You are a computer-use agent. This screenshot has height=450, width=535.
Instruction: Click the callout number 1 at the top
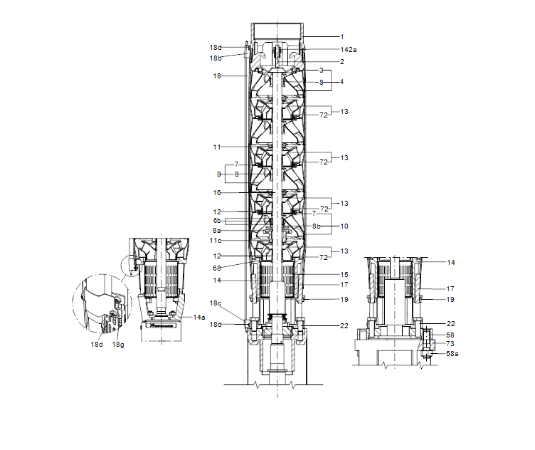[341, 36]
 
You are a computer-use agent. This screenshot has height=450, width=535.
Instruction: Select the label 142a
[348, 50]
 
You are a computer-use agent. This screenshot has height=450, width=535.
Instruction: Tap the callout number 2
[341, 62]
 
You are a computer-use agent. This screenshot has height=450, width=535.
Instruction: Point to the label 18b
[216, 58]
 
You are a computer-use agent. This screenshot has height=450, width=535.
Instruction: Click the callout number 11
[216, 147]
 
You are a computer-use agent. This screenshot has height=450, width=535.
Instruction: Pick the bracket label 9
[219, 173]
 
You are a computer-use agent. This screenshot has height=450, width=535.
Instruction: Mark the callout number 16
[216, 192]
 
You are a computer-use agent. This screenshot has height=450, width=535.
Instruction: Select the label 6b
[216, 221]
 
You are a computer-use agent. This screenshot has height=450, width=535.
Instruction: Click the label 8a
[216, 231]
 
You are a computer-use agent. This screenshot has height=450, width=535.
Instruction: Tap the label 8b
[317, 226]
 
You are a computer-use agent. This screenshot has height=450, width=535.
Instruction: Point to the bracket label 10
[344, 226]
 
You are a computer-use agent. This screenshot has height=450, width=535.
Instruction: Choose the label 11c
[216, 241]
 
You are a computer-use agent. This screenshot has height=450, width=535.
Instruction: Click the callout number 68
[216, 268]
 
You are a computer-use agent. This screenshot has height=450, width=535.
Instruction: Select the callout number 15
[344, 273]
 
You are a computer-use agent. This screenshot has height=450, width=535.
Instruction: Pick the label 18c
[216, 304]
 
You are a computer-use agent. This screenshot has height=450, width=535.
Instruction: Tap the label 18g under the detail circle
[118, 344]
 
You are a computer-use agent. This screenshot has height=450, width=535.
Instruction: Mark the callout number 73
[450, 343]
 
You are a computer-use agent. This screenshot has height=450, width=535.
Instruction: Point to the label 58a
[452, 353]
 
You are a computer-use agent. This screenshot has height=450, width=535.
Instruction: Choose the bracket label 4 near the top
[341, 82]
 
